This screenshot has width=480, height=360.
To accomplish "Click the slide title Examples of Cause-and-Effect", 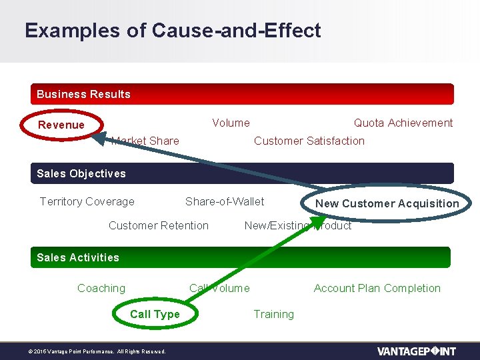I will click(173, 31).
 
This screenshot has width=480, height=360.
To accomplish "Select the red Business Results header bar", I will click(242, 94).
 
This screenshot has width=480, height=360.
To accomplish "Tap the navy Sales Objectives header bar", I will click(242, 173).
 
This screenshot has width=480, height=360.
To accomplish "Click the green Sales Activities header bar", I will click(241, 257).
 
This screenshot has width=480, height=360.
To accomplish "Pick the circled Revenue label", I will click(61, 125).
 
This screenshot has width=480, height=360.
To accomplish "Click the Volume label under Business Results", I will click(231, 123).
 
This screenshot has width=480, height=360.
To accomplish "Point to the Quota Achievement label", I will click(403, 123).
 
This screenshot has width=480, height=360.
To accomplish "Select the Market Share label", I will click(145, 141).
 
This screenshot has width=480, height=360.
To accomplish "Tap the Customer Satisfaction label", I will click(309, 141).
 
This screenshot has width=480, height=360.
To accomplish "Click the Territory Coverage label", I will click(87, 201).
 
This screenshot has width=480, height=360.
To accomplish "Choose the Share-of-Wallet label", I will click(225, 201).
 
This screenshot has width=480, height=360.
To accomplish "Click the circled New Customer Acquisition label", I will click(387, 203).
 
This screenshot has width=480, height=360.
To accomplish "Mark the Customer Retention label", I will click(158, 225).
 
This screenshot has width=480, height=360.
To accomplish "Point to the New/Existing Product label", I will click(297, 225).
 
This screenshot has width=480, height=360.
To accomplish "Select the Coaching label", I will click(101, 288).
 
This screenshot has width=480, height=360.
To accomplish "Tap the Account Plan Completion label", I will click(377, 288).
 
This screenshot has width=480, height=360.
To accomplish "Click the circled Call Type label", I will click(155, 314).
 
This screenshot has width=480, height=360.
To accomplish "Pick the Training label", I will click(273, 314).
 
